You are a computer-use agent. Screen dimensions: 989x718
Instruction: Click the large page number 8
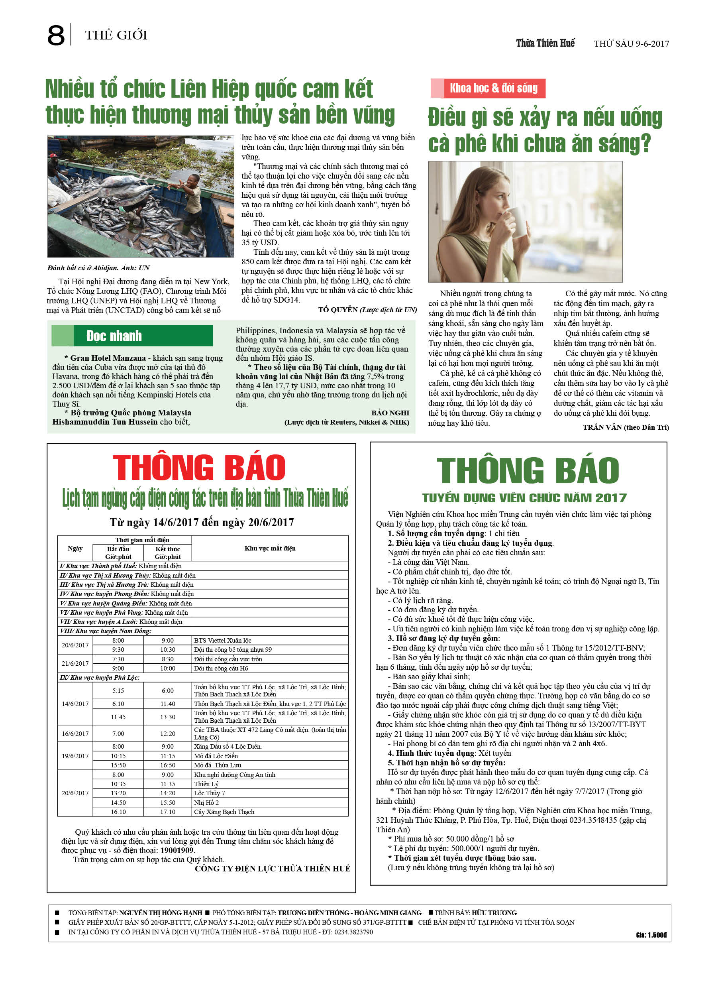[x=56, y=36]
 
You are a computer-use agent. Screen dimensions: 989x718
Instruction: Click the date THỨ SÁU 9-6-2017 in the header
[x=631, y=43]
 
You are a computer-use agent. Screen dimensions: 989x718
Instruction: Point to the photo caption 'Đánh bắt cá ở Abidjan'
[x=98, y=268]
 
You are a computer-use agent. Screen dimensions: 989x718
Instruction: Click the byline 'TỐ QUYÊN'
[x=338, y=310]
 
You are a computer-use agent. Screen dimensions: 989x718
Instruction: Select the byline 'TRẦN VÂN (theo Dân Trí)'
[x=626, y=427]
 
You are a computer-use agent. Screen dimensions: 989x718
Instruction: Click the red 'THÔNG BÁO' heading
[x=199, y=468]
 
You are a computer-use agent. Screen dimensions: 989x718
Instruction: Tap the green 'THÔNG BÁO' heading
[x=528, y=471]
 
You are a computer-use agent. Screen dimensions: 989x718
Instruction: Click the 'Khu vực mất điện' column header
[x=270, y=549]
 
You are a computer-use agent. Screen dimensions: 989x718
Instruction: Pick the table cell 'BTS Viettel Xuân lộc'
[x=223, y=641]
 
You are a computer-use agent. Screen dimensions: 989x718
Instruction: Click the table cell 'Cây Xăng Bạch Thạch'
[x=224, y=812]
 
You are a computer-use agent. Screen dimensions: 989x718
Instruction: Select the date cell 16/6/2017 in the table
[x=75, y=734]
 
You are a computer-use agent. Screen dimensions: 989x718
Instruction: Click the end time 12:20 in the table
[x=168, y=734]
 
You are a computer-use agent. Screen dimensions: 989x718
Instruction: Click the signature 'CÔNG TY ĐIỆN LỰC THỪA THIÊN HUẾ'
[x=273, y=869]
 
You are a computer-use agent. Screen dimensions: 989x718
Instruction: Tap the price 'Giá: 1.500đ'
[x=651, y=935]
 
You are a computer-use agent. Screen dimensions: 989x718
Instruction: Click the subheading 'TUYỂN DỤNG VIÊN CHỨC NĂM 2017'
[x=524, y=498]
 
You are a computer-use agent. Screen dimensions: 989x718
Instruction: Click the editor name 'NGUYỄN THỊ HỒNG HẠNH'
[x=161, y=913]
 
